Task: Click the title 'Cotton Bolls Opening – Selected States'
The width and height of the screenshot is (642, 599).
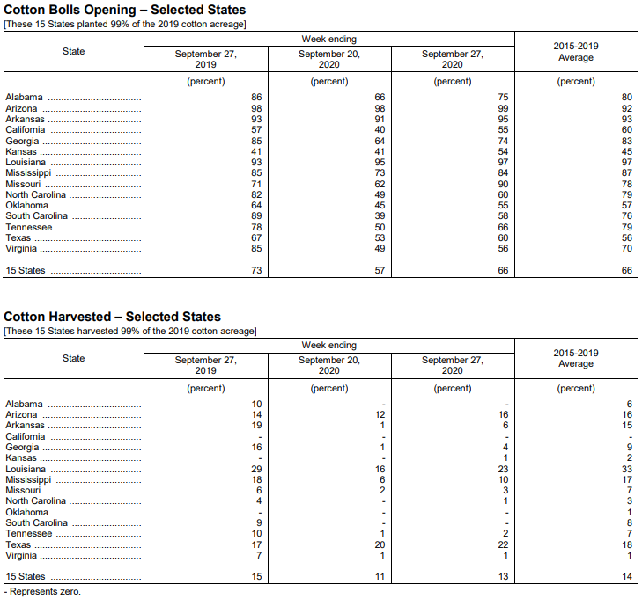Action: pyautogui.click(x=125, y=10)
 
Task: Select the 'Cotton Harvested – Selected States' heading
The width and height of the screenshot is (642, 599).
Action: pyautogui.click(x=113, y=317)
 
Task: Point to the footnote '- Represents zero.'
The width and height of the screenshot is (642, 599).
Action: pyautogui.click(x=42, y=592)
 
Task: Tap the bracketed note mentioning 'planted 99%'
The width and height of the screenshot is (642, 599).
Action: pyautogui.click(x=125, y=23)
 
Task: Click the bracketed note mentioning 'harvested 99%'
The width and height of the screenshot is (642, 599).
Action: pyautogui.click(x=130, y=331)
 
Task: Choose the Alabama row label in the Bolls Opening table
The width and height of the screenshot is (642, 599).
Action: pyautogui.click(x=24, y=98)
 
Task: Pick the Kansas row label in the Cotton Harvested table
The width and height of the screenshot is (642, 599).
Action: pyautogui.click(x=21, y=458)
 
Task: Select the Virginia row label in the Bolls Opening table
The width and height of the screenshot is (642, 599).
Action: pyautogui.click(x=21, y=249)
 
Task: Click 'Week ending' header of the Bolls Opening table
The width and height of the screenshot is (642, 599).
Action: pyautogui.click(x=328, y=39)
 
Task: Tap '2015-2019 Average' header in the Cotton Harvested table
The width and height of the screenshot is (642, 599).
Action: pyautogui.click(x=576, y=358)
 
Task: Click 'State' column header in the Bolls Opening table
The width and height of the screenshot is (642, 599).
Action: pyautogui.click(x=74, y=51)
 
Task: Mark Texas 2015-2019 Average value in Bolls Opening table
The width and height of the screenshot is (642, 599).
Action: pyautogui.click(x=626, y=238)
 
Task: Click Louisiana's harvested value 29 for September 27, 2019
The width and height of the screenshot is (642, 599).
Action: pyautogui.click(x=256, y=470)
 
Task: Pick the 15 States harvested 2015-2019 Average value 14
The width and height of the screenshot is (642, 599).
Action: pyautogui.click(x=626, y=577)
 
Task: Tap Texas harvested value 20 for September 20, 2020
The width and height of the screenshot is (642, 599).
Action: pyautogui.click(x=380, y=545)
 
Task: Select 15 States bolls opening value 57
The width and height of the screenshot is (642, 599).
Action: pyautogui.click(x=380, y=271)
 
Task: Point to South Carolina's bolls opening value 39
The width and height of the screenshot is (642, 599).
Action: pyautogui.click(x=380, y=216)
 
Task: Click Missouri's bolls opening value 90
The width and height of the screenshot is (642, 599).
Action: pyautogui.click(x=503, y=184)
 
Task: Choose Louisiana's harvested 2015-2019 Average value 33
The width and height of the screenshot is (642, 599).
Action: pyautogui.click(x=626, y=470)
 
